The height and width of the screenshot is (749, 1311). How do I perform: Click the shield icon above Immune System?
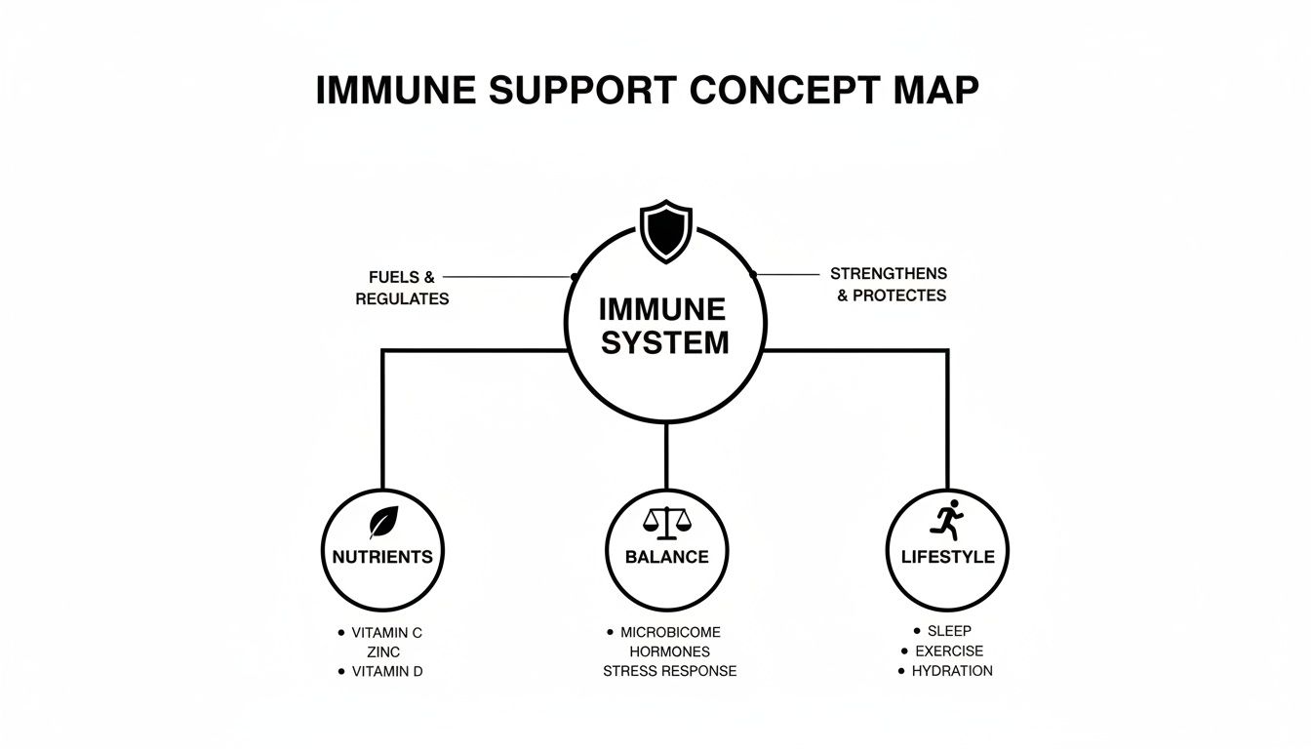pyautogui.click(x=665, y=231)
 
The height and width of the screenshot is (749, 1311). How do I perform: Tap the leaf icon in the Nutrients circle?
pyautogui.click(x=383, y=523)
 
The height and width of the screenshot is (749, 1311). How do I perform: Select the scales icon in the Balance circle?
pyautogui.click(x=666, y=523)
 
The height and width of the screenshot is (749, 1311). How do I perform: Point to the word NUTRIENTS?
pyautogui.click(x=382, y=557)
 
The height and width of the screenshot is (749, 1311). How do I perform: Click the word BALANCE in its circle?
pyautogui.click(x=666, y=557)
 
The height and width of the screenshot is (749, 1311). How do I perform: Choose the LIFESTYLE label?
pyautogui.click(x=946, y=557)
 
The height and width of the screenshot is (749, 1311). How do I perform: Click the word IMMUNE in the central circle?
pyautogui.click(x=662, y=310)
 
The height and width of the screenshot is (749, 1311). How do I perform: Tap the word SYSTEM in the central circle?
pyautogui.click(x=664, y=343)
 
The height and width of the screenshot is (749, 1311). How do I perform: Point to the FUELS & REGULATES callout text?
pyautogui.click(x=401, y=288)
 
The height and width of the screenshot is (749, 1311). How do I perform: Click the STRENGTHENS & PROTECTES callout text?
pyautogui.click(x=890, y=284)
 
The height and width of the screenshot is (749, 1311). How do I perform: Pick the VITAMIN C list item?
pyautogui.click(x=387, y=632)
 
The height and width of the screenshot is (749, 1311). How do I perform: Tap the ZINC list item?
pyautogui.click(x=383, y=651)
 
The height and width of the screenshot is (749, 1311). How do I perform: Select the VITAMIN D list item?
pyautogui.click(x=387, y=671)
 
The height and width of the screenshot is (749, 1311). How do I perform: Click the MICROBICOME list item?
pyautogui.click(x=671, y=632)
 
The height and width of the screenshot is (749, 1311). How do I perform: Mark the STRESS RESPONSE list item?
pyautogui.click(x=669, y=671)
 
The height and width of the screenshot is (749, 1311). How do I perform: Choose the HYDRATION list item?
pyautogui.click(x=952, y=671)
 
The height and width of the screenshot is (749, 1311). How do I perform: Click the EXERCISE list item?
pyautogui.click(x=949, y=650)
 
